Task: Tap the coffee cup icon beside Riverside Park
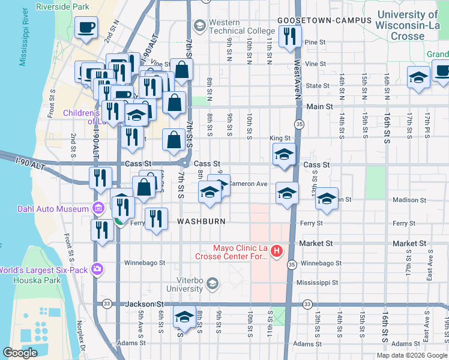[x=86, y=27]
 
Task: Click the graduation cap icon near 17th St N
[x=418, y=77]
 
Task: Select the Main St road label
[x=321, y=107]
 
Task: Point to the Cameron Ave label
[x=248, y=184]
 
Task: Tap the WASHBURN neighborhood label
[x=201, y=221]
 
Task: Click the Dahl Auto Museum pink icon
[x=98, y=209]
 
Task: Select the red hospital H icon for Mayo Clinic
[x=277, y=250]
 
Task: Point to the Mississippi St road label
[x=319, y=281]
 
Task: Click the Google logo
[x=20, y=353]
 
